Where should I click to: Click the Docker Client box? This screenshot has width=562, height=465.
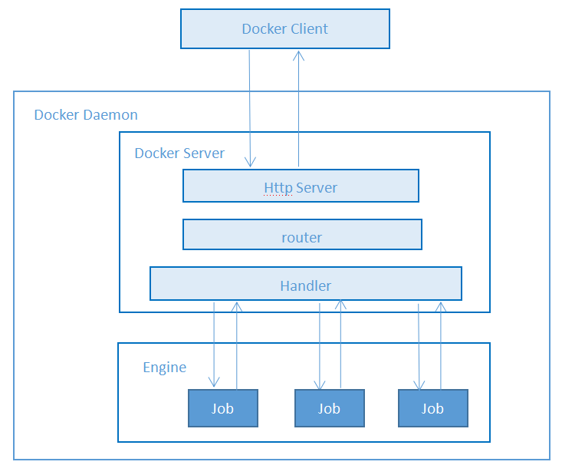(284, 29)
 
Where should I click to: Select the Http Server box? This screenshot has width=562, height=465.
(301, 186)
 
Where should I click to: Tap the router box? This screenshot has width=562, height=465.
(302, 235)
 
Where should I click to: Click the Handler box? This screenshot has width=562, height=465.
(305, 284)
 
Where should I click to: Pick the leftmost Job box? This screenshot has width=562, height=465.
(223, 407)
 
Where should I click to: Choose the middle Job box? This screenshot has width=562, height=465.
(329, 407)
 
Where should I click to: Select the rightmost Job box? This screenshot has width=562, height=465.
(432, 407)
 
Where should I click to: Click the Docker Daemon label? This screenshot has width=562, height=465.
(86, 115)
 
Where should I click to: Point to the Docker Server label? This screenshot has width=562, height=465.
(179, 153)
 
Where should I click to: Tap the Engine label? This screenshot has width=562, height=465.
(165, 368)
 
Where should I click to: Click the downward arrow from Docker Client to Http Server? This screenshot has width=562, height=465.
(250, 107)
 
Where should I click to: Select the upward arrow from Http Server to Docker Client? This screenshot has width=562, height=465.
(298, 107)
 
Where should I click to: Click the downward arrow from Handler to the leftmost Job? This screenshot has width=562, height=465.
(214, 345)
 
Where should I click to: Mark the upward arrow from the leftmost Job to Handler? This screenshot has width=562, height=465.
(237, 345)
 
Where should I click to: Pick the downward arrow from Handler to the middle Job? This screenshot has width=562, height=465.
(320, 345)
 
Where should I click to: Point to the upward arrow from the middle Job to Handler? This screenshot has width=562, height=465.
(340, 345)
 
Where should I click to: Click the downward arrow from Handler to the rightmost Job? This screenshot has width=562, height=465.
(419, 345)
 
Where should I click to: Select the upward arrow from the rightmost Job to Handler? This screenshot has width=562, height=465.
(440, 345)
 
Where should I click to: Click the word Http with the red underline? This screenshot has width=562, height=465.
(278, 187)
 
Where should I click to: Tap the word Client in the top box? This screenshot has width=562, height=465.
(308, 29)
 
